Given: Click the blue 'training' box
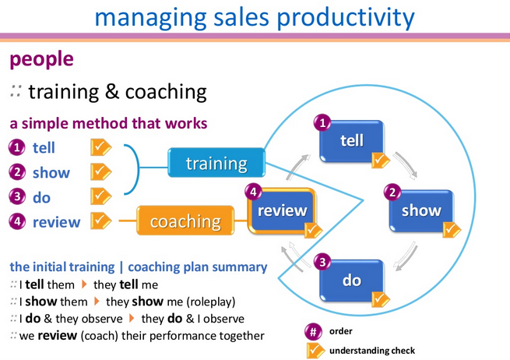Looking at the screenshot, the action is tap(216, 162).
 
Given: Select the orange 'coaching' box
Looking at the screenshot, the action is tap(185, 221).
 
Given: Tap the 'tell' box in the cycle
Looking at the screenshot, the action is tap(352, 141).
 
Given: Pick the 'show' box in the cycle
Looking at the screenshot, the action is tap(421, 211).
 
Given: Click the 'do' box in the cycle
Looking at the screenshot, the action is tap(352, 281).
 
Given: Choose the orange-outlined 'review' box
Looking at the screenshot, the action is tap(282, 211).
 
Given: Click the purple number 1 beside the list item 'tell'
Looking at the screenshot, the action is tap(17, 147).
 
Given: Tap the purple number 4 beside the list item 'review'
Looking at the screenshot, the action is tap(17, 221).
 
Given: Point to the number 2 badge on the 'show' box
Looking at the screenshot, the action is tap(392, 192).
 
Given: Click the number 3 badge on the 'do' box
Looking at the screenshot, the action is tap(322, 262).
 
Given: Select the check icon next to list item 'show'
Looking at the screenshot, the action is tap(100, 172).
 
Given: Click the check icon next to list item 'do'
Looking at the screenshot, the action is tap(100, 196).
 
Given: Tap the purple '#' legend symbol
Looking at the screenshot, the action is tap(313, 332).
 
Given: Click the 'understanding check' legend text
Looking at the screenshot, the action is tap(372, 351).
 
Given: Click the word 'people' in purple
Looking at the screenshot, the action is tap(41, 59).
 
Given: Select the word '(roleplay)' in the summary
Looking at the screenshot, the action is tap(211, 302).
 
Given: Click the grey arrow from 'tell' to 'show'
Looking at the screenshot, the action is tap(405, 165).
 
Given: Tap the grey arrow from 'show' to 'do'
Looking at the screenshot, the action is tap(406, 256).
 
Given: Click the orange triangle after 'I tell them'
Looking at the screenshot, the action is tap(84, 284).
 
